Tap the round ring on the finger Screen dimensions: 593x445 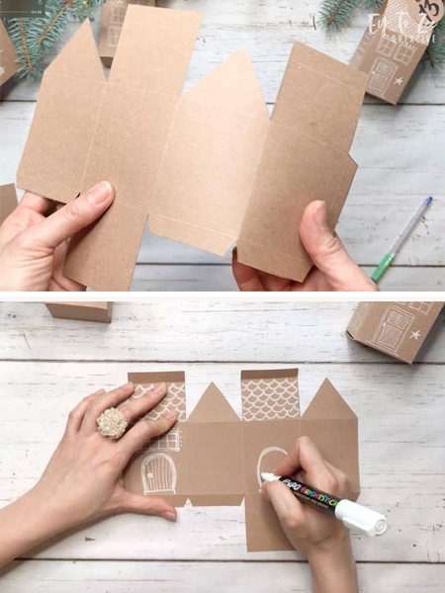click(112, 423)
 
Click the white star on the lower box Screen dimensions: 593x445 click(415, 335)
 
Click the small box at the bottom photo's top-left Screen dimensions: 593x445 click(79, 311)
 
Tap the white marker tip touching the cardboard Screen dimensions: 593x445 click(264, 477)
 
